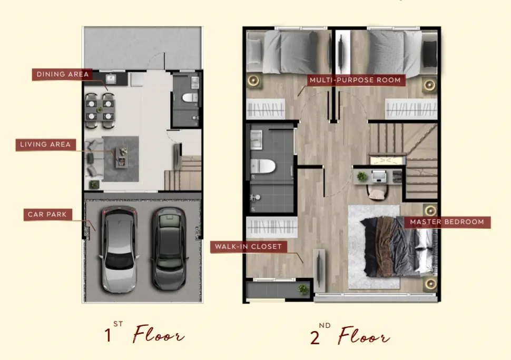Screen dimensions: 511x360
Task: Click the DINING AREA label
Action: click(x=62, y=74)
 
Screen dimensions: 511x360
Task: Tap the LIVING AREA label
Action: click(x=46, y=145)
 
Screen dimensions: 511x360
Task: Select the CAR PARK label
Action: click(x=47, y=215)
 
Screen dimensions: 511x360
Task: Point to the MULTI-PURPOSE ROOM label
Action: click(x=355, y=80)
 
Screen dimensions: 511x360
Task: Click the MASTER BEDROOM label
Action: click(x=447, y=222)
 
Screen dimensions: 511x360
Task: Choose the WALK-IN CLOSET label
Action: click(x=248, y=247)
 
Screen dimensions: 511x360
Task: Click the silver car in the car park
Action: click(x=119, y=249)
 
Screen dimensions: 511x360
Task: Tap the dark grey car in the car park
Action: click(x=169, y=248)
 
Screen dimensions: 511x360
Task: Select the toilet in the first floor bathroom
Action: click(x=190, y=97)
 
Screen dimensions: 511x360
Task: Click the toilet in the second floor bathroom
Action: click(x=263, y=166)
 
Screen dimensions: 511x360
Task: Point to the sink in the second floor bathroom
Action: click(x=257, y=139)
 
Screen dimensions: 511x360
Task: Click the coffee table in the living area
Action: click(x=122, y=157)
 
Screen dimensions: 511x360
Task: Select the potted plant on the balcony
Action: click(x=303, y=289)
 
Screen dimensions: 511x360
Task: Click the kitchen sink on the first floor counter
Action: click(x=111, y=79)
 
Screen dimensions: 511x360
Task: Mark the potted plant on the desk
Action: click(x=362, y=176)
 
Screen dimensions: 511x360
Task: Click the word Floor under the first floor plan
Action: click(x=158, y=334)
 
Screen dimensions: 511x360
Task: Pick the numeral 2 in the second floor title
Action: click(x=315, y=337)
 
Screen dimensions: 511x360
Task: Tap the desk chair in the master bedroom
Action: click(x=377, y=193)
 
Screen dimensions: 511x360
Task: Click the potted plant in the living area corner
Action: click(x=94, y=185)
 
